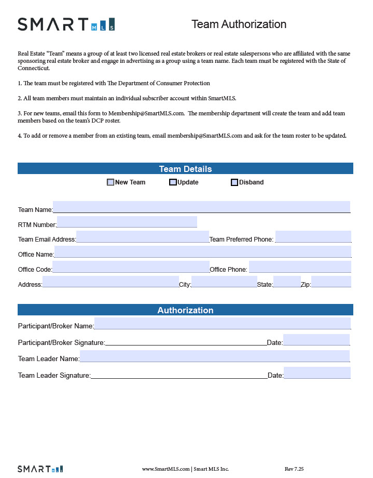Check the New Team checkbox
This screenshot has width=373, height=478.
coord(110,182)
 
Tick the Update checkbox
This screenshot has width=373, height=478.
coord(173,182)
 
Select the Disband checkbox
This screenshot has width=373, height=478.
coord(234,182)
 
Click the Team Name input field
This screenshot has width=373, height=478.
coord(201,207)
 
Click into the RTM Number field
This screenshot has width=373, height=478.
coord(127,222)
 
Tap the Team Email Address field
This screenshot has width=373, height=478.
coord(143,237)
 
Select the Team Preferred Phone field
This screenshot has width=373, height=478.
coord(313,237)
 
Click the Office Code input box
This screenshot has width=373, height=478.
coord(131,267)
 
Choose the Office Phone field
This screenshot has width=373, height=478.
coord(300,267)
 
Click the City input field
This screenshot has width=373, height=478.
coord(224,282)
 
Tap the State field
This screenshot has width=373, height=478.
coord(287,282)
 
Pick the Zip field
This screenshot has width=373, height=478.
coord(331,282)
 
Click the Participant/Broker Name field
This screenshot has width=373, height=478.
coord(222,323)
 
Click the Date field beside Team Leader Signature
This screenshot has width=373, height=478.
coord(317,373)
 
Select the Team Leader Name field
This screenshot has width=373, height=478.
coord(214,356)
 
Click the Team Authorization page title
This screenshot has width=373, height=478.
coord(239,24)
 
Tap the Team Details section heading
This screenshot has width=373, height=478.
coord(185,169)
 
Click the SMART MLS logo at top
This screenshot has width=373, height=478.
coord(66,24)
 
